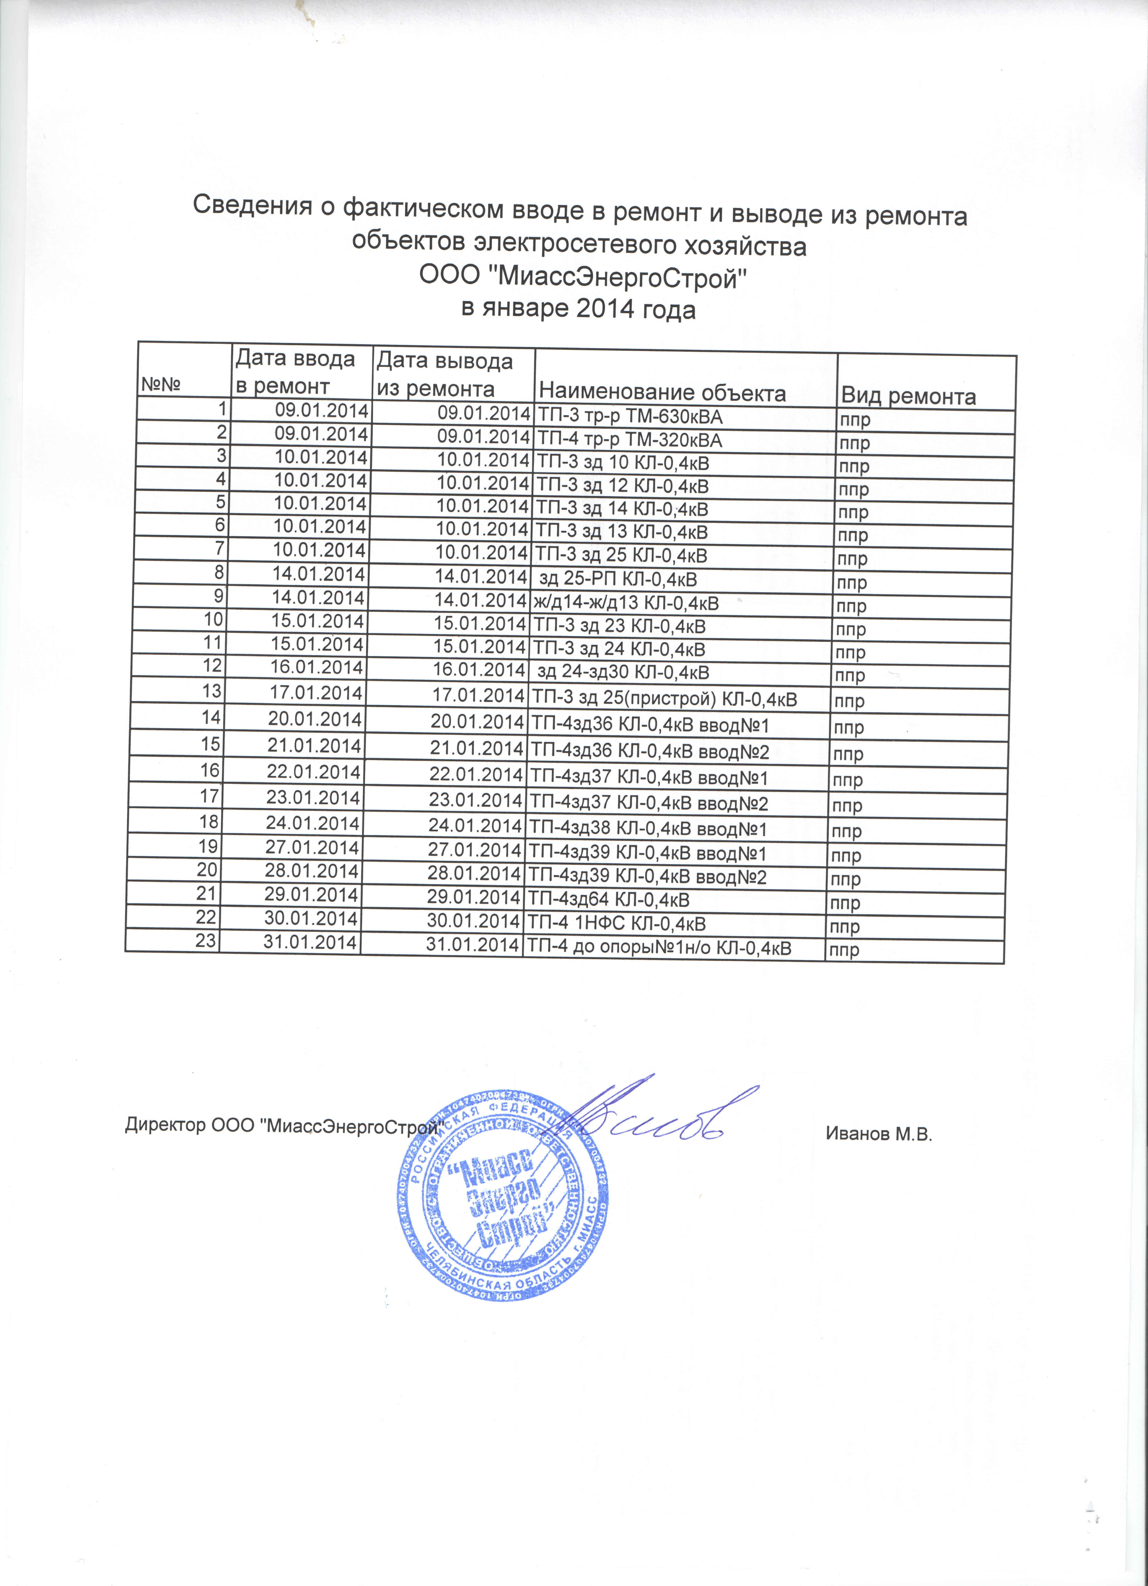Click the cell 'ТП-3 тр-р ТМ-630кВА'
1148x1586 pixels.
point(628,417)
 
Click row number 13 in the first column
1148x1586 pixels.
point(211,691)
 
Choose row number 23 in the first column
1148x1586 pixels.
point(206,941)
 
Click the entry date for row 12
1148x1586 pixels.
point(317,667)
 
